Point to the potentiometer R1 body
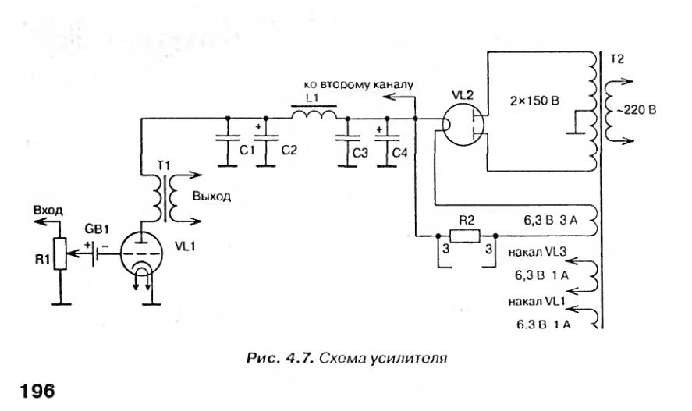(x=58, y=253)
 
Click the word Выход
(x=213, y=197)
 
